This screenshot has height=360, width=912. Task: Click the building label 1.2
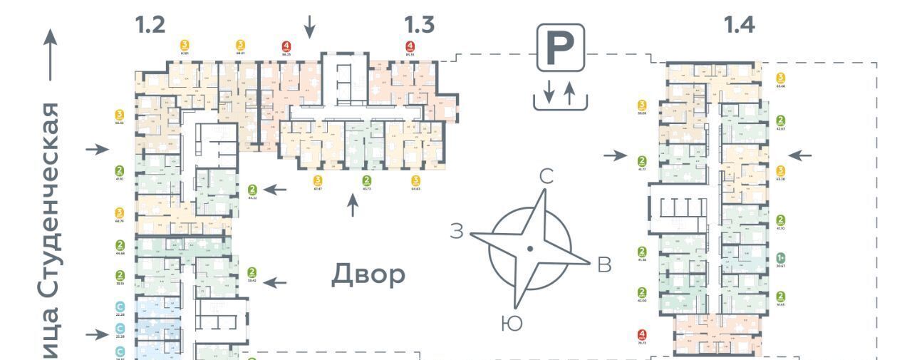(x=150, y=25)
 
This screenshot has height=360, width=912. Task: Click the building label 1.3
(x=419, y=25)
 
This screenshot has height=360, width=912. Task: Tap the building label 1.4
(x=739, y=25)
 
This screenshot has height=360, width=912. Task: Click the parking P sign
(x=560, y=47)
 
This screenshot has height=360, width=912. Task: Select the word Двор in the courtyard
(x=368, y=274)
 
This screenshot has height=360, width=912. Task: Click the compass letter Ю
(x=512, y=324)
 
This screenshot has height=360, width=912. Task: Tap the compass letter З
(x=457, y=230)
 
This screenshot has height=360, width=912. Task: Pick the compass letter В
(x=604, y=265)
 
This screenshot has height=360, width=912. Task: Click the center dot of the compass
(x=529, y=249)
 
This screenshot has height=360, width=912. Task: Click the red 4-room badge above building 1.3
(x=409, y=47)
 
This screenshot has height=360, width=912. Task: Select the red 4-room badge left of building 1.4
(x=642, y=334)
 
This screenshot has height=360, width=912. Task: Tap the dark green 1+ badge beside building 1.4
(x=780, y=258)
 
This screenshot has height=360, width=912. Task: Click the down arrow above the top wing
(x=309, y=28)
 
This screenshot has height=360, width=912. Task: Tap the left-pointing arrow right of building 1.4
(x=800, y=155)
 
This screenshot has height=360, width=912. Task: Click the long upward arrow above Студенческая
(x=50, y=53)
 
